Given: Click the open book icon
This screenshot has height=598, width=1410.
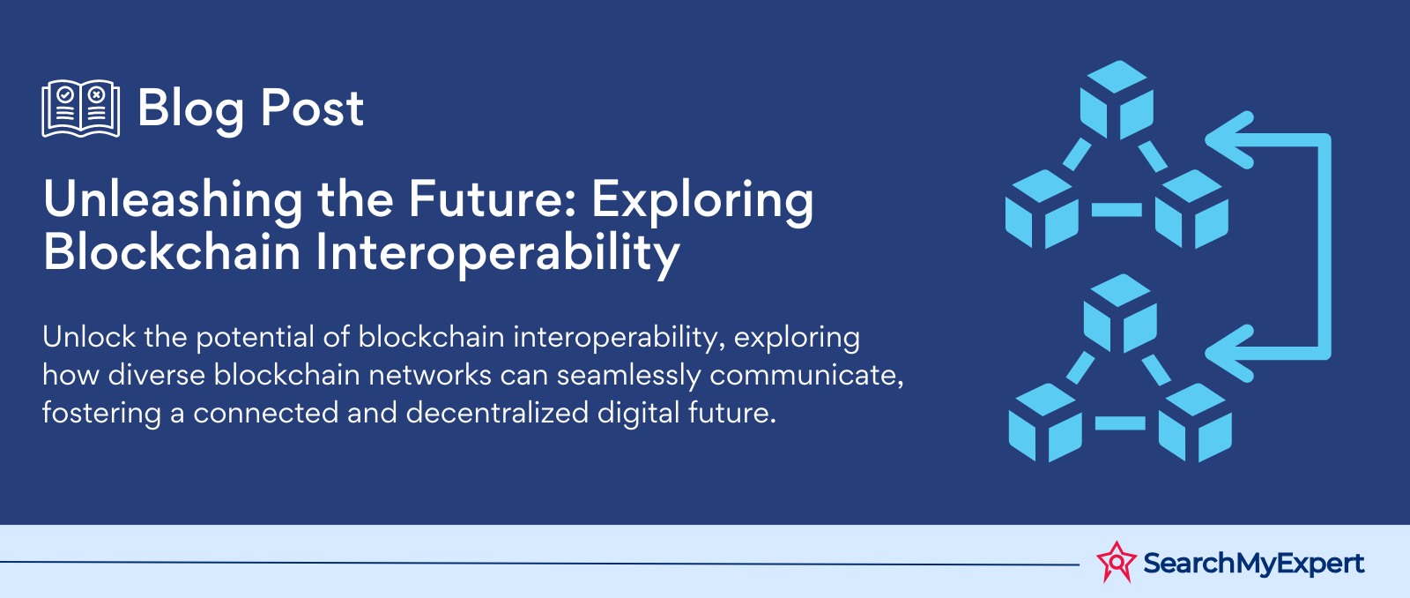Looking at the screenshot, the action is coord(80,108).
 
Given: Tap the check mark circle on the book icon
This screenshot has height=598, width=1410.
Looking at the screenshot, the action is coord(65,95).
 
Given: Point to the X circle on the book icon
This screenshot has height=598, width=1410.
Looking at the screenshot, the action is coord(96,95).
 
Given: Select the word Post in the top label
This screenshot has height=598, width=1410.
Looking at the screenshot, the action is coord(312,108).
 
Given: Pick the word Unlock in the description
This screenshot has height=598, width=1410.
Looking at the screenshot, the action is coord(89,337).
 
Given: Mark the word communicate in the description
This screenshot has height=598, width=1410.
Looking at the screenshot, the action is coord(806,376).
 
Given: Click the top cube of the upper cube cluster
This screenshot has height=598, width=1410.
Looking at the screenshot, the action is coord(1117,99).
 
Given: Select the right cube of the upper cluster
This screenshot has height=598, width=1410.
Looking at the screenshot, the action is coord(1191,208).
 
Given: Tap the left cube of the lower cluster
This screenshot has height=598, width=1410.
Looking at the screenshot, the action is coord(1045,422).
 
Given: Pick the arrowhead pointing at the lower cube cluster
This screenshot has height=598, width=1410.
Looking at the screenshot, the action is coord(1229,354).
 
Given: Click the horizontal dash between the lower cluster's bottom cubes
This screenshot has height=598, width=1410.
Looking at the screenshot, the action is coord(1120,422).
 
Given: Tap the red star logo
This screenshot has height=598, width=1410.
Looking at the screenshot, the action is coord(1117,562).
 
